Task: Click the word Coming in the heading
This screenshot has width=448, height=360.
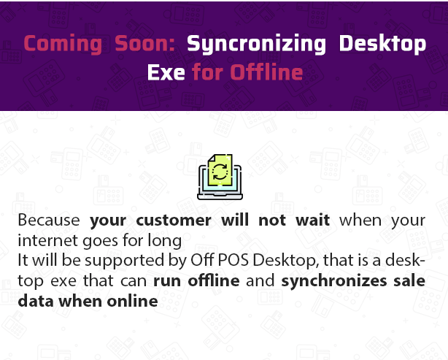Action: click(63, 44)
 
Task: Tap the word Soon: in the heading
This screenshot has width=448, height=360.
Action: click(145, 43)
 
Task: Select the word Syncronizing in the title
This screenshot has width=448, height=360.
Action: click(256, 44)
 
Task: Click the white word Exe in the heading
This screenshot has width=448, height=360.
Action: click(166, 72)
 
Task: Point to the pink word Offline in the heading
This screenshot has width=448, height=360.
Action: click(266, 72)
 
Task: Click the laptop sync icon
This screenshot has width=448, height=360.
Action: click(220, 177)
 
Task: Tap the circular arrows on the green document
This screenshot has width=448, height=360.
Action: click(220, 172)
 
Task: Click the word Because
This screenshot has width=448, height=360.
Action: click(49, 221)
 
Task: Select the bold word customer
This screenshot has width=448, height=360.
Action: click(174, 221)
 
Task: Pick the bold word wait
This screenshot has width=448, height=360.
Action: click(312, 221)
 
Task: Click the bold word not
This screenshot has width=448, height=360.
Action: click(272, 221)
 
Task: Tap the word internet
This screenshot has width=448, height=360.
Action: click(48, 241)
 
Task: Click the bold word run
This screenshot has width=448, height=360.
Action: click(167, 281)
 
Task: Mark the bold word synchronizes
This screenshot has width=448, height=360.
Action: click(334, 281)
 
